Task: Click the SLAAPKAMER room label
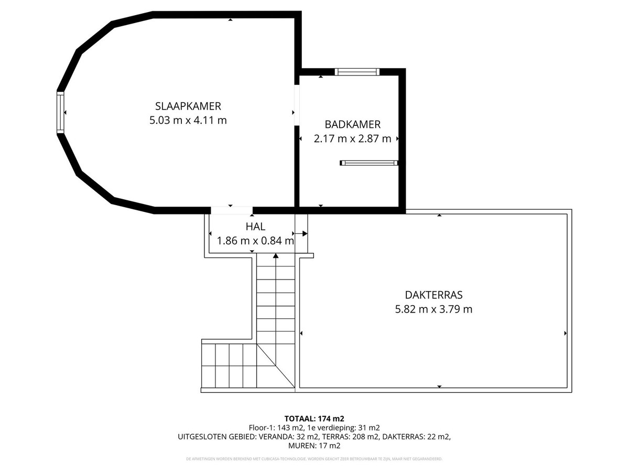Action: (188, 105)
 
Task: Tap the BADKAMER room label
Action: (352, 125)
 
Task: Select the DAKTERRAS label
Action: (433, 295)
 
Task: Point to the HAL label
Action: (255, 227)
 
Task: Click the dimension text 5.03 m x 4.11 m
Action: (188, 120)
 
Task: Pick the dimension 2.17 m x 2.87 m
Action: (352, 139)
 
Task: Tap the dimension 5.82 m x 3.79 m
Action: (433, 309)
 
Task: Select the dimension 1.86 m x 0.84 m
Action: (255, 241)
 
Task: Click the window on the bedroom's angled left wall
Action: (60, 112)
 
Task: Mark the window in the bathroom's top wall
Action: (356, 72)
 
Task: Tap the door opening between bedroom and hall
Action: (231, 210)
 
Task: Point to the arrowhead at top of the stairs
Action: (276, 256)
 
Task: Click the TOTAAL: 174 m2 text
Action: (314, 419)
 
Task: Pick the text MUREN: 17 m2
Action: (314, 446)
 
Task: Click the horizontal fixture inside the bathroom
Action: (369, 163)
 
